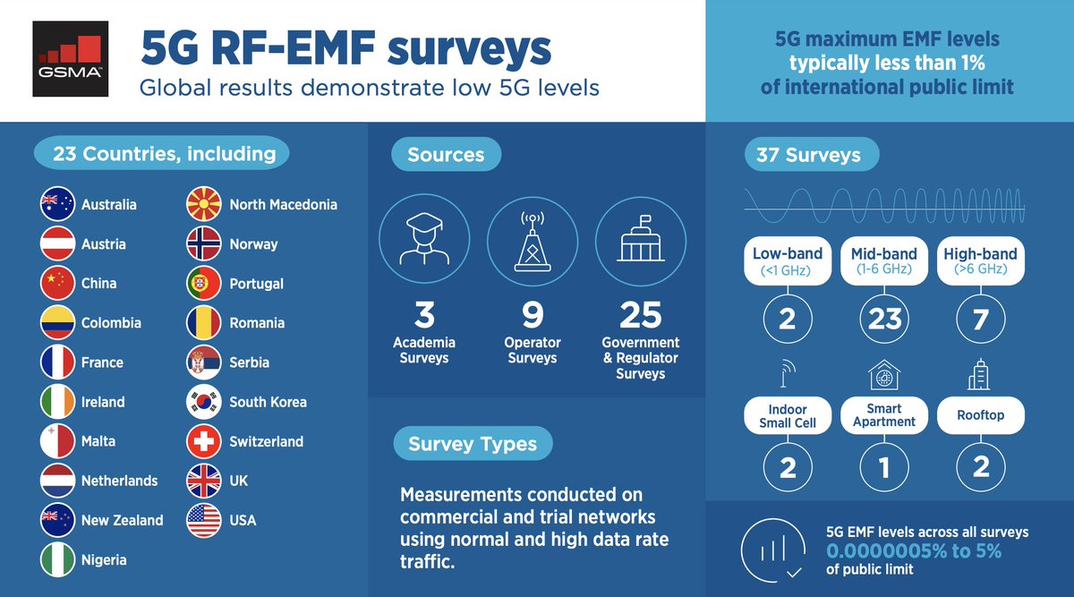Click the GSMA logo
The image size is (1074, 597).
point(71,60)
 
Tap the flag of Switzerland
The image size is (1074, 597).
point(203,441)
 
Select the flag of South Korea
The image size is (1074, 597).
point(203,402)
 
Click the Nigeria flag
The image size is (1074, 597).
point(58,559)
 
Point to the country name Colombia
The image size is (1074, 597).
point(111,323)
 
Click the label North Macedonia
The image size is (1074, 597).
point(283,205)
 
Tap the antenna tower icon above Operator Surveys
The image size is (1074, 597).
point(532,243)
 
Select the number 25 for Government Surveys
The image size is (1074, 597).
point(640,315)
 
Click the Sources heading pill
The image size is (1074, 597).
point(446,155)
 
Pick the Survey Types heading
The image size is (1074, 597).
point(473,444)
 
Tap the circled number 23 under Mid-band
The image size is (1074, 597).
point(884,318)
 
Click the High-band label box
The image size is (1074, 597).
point(980,260)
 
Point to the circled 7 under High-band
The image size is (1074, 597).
point(980,318)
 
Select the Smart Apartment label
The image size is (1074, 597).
point(884,415)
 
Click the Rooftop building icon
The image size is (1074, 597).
point(980,376)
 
